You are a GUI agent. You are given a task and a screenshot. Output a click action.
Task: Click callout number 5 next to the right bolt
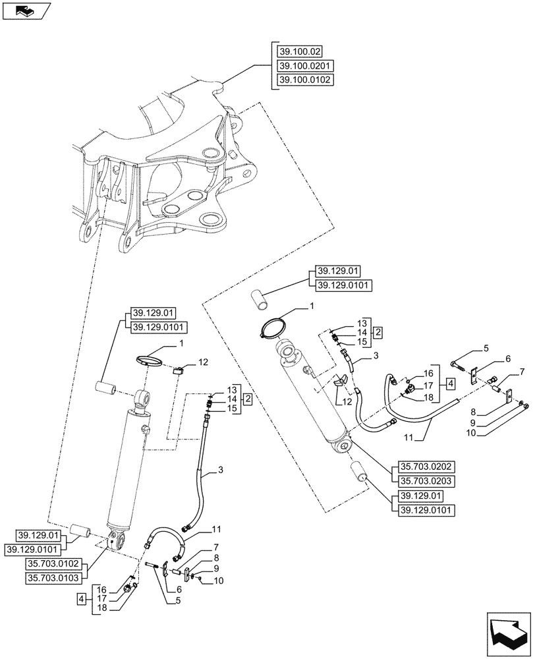click(486, 347)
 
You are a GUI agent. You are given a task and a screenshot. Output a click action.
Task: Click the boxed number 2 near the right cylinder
click(378, 332)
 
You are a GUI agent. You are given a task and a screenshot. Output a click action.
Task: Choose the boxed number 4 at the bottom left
click(80, 600)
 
